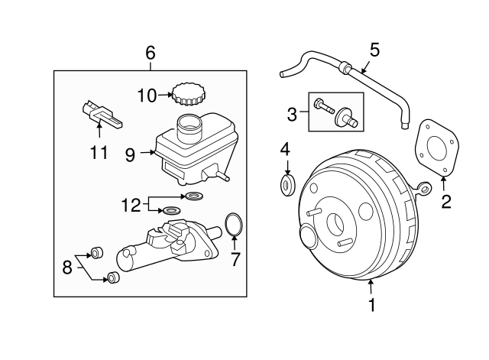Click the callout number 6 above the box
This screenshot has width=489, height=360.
pyautogui.click(x=150, y=53)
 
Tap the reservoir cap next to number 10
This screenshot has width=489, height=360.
pyautogui.click(x=186, y=95)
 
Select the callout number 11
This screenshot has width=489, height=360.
pyautogui.click(x=99, y=153)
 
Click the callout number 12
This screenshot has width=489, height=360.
pyautogui.click(x=132, y=204)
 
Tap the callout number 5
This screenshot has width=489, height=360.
pyautogui.click(x=374, y=50)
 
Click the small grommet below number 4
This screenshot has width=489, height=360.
pyautogui.click(x=287, y=184)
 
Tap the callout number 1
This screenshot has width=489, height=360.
pyautogui.click(x=372, y=306)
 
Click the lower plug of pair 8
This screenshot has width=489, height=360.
pyautogui.click(x=112, y=277)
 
